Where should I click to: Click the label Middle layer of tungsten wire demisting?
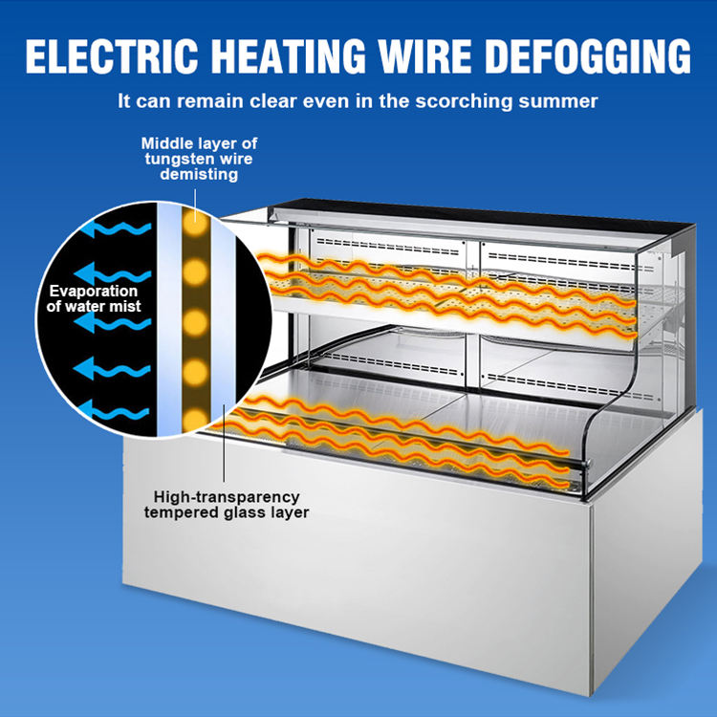click(199, 159)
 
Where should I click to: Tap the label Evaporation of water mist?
click(94, 298)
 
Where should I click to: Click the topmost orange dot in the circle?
click(196, 215)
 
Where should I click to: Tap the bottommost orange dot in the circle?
click(196, 416)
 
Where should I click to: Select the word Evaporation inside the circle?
click(95, 291)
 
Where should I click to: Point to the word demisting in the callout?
click(199, 174)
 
